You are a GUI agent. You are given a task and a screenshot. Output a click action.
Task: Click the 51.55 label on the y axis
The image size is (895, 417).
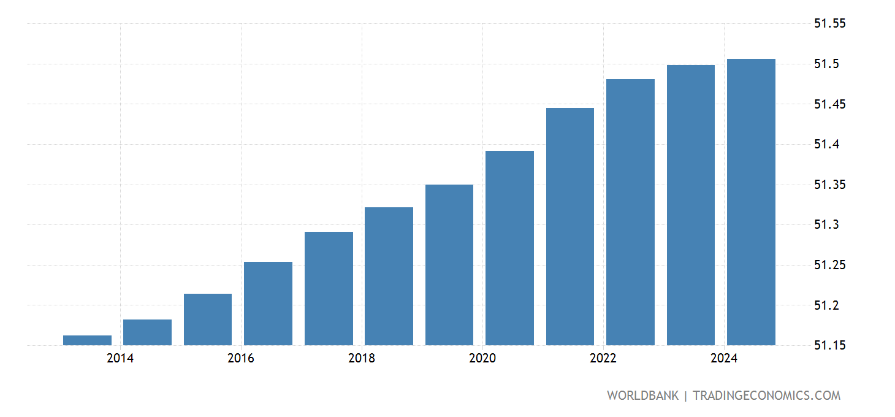829,24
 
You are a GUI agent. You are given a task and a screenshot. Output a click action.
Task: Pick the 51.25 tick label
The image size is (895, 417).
829,266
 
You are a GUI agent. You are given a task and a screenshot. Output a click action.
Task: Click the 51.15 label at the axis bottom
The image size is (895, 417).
829,345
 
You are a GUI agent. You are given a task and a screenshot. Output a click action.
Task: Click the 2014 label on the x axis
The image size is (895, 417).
120,359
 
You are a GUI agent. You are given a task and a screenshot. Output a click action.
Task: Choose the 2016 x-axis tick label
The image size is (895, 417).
241,359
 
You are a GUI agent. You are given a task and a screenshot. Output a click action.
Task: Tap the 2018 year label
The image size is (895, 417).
362,359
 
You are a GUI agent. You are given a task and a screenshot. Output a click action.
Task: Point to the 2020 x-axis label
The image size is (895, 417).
482,359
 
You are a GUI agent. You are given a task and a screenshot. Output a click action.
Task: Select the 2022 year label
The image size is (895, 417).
603,359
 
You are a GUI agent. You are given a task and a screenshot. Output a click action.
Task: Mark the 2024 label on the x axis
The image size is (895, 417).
724,359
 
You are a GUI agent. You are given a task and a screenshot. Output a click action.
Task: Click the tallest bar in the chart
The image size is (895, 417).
751,202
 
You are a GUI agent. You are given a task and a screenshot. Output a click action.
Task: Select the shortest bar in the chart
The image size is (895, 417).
87,340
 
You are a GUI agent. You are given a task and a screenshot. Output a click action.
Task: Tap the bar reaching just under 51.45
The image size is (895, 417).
570,227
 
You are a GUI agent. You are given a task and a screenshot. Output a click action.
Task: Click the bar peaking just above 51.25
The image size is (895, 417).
268,304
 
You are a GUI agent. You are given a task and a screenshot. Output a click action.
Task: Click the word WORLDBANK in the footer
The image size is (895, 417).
642,396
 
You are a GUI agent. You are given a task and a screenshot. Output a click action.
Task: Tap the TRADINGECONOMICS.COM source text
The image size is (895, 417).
766,396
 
